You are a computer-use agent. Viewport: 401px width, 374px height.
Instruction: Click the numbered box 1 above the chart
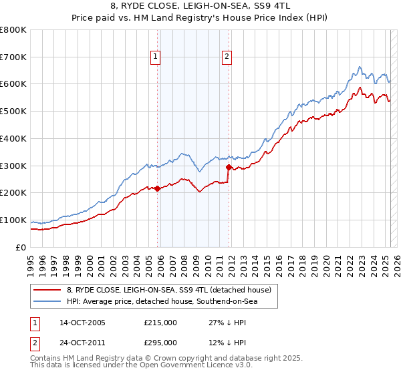click(x=155, y=57)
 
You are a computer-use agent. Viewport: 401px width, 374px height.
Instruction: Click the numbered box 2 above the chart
click(x=227, y=57)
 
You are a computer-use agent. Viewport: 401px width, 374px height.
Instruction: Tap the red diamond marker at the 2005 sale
click(x=158, y=188)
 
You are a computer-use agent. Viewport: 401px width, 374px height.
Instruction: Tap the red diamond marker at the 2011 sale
click(x=229, y=167)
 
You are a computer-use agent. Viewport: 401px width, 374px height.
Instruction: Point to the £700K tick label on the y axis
click(x=13, y=57)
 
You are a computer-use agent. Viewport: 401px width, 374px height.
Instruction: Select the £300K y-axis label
click(x=13, y=166)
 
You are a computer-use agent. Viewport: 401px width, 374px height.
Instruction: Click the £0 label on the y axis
click(x=21, y=247)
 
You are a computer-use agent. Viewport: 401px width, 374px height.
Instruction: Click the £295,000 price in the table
click(x=160, y=343)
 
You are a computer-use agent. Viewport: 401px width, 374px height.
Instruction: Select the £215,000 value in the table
click(x=160, y=323)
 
